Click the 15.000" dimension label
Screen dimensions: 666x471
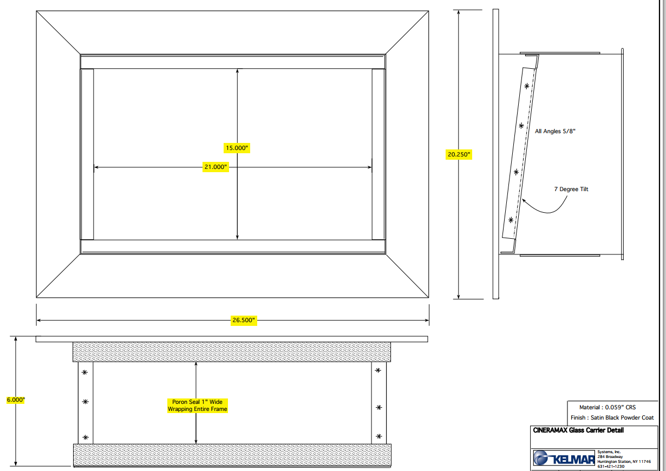237,148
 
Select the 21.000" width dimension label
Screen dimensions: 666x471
216,167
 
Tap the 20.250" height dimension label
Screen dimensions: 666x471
459,154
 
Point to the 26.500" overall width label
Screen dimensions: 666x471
244,320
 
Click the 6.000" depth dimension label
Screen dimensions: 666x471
16,400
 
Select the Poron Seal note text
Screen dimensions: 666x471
198,405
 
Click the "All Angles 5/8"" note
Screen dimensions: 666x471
555,131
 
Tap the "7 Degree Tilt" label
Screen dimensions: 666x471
571,189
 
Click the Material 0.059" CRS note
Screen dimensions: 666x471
607,407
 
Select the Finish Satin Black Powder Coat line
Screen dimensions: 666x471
612,417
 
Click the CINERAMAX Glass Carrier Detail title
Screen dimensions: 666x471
578,430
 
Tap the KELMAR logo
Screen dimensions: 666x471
564,458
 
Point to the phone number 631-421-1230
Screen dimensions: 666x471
611,467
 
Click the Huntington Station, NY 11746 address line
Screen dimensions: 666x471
624,461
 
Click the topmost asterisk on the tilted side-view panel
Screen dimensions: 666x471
526,86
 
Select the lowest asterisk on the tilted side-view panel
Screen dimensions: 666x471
511,220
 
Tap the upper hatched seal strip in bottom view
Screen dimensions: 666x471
232,352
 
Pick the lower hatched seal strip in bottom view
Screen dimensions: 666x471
232,455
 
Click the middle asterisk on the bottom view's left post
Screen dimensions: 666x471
86,402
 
